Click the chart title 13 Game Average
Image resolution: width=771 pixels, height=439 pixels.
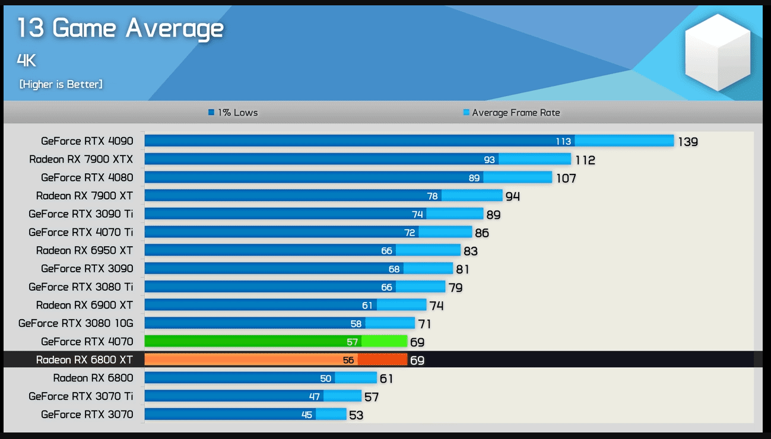pyautogui.click(x=120, y=28)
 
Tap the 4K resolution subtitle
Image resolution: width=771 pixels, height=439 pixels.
pyautogui.click(x=26, y=60)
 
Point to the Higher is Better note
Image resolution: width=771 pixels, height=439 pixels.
pyautogui.click(x=61, y=84)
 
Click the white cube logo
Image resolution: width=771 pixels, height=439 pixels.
pyautogui.click(x=718, y=52)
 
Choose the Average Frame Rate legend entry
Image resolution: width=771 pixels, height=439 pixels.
pyautogui.click(x=511, y=113)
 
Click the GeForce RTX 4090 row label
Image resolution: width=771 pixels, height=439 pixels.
pyautogui.click(x=87, y=141)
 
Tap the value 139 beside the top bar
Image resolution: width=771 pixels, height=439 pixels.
pyautogui.click(x=688, y=142)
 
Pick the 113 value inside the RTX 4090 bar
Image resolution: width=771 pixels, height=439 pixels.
pyautogui.click(x=563, y=141)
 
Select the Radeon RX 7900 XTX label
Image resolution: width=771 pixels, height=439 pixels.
pyautogui.click(x=81, y=159)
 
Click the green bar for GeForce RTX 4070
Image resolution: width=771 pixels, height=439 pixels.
pyautogui.click(x=275, y=342)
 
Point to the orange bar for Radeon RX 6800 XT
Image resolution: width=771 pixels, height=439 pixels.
pyautogui.click(x=275, y=360)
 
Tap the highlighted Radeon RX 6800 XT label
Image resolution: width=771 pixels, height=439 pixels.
pyautogui.click(x=84, y=360)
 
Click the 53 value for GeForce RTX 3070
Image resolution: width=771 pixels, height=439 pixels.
pyautogui.click(x=356, y=415)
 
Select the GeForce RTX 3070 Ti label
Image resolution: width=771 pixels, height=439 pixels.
pyautogui.click(x=81, y=396)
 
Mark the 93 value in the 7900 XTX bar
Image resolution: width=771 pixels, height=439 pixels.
pyautogui.click(x=490, y=160)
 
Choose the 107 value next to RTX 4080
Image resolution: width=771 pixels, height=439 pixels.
pyautogui.click(x=566, y=178)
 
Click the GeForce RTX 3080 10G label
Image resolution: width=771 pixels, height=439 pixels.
pyautogui.click(x=75, y=323)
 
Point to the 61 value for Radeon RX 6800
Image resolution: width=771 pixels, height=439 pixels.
pyautogui.click(x=386, y=378)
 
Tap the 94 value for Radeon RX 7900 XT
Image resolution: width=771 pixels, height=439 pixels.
pyautogui.click(x=512, y=196)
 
